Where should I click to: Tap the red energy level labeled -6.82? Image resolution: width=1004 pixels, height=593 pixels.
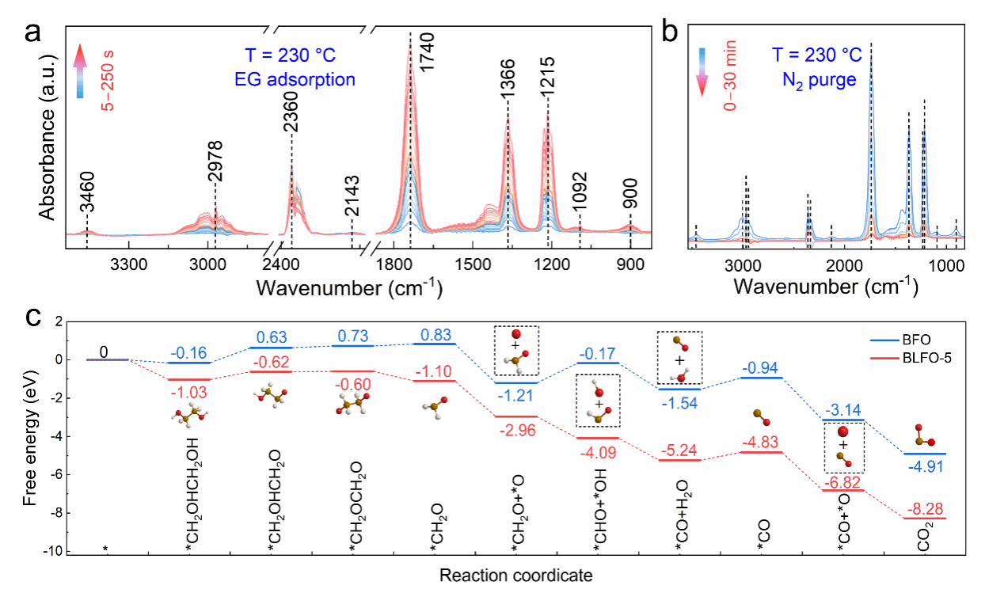845,490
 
